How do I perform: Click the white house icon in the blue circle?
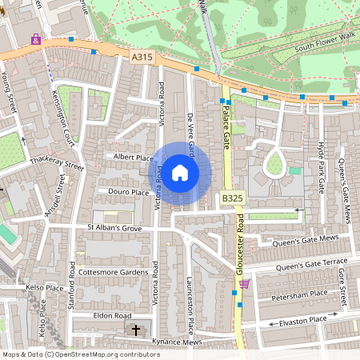tap(180, 172)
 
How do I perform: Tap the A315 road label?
tap(140, 57)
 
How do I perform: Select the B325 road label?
tap(232, 198)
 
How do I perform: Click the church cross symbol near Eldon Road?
tap(135, 330)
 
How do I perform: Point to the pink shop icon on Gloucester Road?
tap(244, 283)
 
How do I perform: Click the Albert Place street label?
tap(133, 158)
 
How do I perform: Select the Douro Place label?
tap(129, 193)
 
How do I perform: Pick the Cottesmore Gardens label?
tap(112, 272)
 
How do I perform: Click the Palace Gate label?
tap(226, 128)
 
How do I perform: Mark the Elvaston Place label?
tap(303, 320)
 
